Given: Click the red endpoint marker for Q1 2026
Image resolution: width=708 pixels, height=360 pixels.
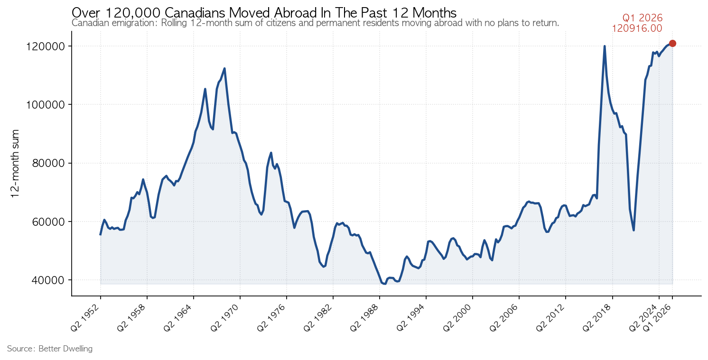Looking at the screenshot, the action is tap(672, 43).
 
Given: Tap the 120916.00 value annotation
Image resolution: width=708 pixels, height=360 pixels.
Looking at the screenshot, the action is tap(637, 28).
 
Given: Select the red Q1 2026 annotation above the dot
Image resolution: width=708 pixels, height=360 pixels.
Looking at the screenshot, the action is tap(642, 18).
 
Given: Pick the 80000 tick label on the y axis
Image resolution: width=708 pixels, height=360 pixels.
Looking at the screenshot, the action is tap(48, 163).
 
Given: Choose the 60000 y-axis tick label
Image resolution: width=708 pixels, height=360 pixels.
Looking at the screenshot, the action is tap(48, 222).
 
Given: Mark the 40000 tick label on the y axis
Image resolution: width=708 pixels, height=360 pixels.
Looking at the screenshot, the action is tap(48, 280).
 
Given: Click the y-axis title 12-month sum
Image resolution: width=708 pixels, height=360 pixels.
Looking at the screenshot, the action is tap(15, 164).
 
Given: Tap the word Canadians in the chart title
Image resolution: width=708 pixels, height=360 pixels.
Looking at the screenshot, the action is tap(195, 13).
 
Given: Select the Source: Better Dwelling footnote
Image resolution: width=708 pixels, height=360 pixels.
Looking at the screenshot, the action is tap(50, 349).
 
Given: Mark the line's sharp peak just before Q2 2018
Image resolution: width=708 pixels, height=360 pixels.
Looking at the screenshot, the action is tap(605, 46).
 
